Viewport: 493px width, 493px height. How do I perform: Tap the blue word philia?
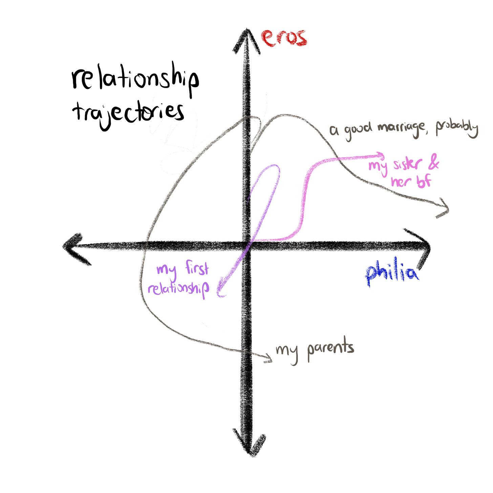[x=392, y=273]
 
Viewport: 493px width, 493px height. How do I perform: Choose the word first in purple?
[x=197, y=268]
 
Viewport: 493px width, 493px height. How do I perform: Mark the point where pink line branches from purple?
[x=254, y=239]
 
